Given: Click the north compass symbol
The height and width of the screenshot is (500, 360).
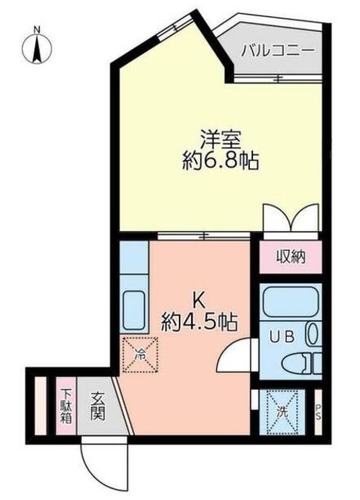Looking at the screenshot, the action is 37,48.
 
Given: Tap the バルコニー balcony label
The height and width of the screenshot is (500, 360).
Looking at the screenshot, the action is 278,51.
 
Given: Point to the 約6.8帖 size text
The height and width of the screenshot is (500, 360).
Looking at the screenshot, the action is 220,162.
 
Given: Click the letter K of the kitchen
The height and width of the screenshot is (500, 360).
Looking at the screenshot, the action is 199,301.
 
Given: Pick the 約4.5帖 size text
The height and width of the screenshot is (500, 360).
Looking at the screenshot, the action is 199,323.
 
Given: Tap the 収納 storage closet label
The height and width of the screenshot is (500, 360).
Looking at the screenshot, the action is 290,256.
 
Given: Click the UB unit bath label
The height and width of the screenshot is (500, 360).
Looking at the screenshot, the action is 282,337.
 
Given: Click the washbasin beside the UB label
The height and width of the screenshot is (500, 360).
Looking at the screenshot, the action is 313,334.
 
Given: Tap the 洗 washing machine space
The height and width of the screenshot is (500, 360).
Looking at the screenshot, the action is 282,412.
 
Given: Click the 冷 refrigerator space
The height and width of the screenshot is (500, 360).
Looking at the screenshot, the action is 141,355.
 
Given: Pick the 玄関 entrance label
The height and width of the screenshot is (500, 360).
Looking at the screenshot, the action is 98,406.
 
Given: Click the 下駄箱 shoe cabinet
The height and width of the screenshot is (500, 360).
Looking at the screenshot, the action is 66,405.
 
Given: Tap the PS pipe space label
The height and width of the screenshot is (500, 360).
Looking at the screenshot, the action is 319,412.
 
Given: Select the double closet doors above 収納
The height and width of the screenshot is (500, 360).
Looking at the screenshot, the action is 290,219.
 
